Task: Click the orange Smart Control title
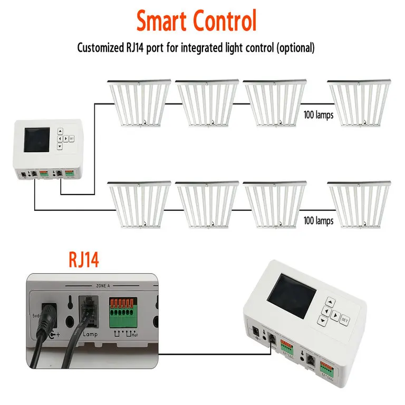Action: pos(196,21)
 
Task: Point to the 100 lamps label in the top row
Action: pos(319,115)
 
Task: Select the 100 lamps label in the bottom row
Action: pos(319,221)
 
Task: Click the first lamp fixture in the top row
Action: pos(139,103)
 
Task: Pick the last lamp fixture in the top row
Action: pos(359,103)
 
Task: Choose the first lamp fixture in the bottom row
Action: pos(139,205)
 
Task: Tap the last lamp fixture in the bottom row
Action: pos(359,205)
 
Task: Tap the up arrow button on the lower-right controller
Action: pos(330,303)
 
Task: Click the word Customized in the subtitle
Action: pos(99,48)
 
